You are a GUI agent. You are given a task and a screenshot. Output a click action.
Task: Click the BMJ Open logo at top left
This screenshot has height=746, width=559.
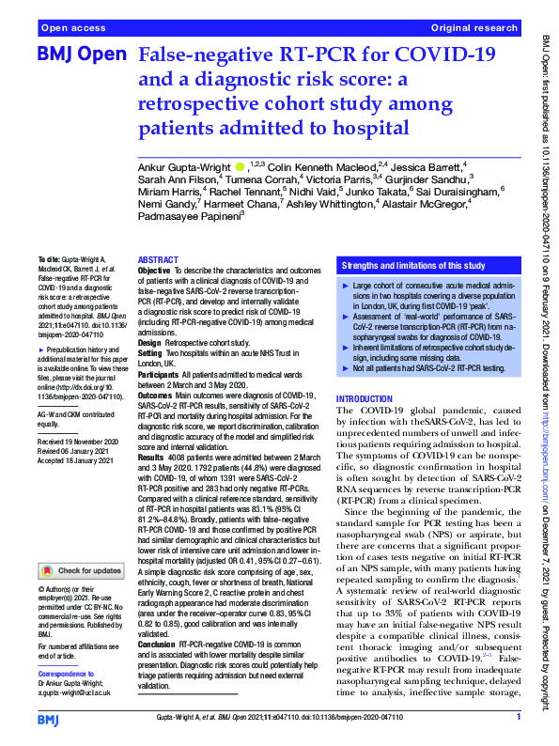[80, 56]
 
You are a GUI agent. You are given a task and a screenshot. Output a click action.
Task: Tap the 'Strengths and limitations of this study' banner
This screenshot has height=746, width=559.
[412, 266]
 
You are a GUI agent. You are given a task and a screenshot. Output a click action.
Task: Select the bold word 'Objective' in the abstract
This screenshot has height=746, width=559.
[155, 271]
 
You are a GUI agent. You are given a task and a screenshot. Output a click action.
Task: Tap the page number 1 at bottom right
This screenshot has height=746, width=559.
[519, 717]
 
